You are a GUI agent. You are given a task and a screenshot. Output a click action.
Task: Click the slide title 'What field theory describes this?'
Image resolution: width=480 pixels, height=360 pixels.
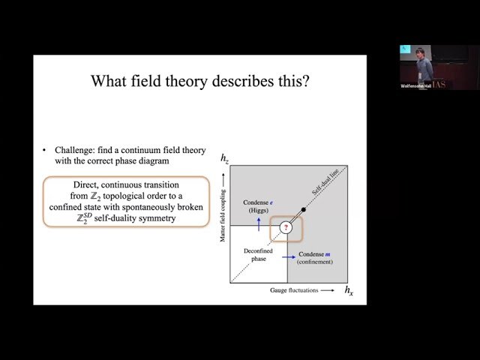coord(199,81)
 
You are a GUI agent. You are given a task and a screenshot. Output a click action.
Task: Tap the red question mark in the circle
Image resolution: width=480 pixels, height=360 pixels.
coord(285,227)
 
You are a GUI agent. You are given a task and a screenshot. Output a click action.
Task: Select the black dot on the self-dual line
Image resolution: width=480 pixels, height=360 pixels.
coord(303,209)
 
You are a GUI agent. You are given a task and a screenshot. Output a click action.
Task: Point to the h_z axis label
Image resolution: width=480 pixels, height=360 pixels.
coord(225,158)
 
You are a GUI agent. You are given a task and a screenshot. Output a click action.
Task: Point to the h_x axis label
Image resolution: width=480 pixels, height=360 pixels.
coord(349,289)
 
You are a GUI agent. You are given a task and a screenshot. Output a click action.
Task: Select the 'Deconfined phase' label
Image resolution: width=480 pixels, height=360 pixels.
coord(253,255)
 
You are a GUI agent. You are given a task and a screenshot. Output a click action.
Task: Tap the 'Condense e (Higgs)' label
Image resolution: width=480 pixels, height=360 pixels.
coord(259,206)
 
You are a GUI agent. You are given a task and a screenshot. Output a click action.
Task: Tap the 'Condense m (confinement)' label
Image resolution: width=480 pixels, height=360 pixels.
coord(315,259)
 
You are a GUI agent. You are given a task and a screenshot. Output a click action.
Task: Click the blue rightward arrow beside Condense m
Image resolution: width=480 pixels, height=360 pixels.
coord(287,256)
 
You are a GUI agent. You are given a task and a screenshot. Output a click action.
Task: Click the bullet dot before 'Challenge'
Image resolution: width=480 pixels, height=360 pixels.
coord(45,150)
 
